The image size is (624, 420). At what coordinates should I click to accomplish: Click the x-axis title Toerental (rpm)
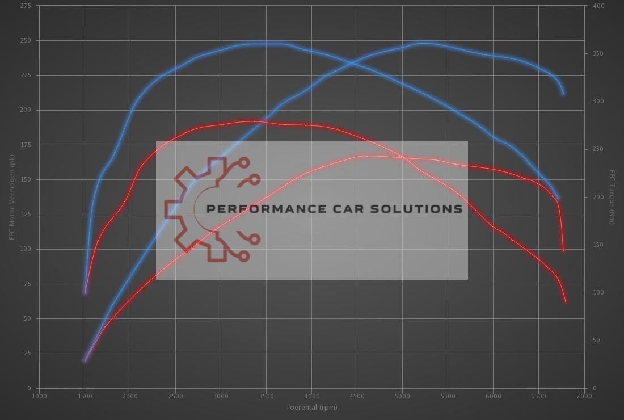click(311, 407)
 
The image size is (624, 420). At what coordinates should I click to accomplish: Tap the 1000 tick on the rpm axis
click(39, 396)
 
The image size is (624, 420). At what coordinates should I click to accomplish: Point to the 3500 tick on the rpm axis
click(266, 396)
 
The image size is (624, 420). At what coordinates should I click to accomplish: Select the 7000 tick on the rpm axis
click(584, 396)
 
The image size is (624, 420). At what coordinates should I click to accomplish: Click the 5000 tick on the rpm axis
click(402, 396)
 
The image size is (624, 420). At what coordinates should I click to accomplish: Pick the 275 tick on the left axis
click(26, 6)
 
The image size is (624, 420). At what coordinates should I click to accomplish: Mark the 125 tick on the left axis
click(26, 215)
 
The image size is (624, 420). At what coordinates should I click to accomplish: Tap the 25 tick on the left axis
click(27, 354)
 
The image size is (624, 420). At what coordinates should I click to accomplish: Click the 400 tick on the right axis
click(598, 6)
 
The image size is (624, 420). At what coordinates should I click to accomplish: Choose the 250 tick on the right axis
click(598, 149)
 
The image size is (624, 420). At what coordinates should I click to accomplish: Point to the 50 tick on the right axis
click(597, 341)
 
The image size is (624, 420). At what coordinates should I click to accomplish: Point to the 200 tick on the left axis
click(26, 110)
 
